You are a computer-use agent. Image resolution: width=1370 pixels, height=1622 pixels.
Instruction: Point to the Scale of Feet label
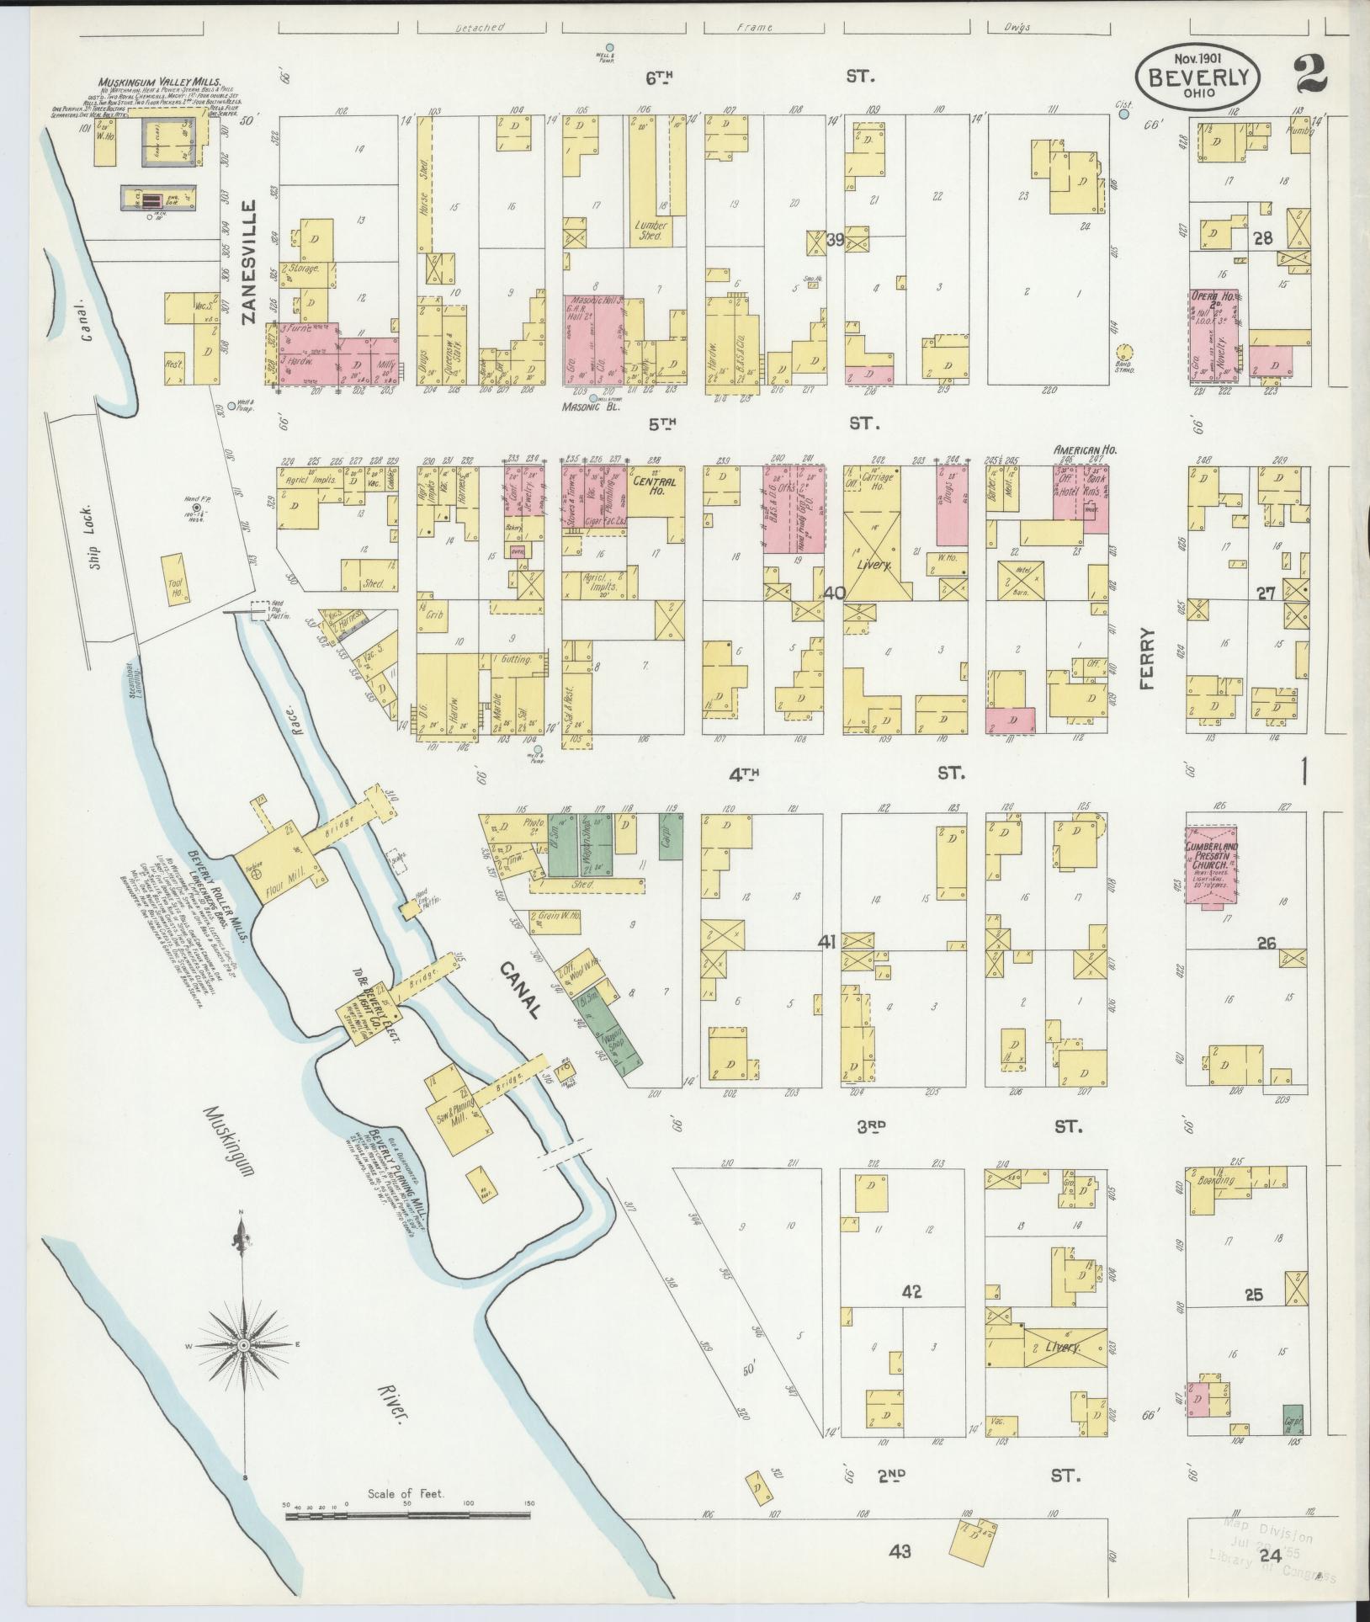406,1494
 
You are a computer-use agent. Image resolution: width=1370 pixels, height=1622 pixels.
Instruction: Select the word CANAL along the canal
520,991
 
